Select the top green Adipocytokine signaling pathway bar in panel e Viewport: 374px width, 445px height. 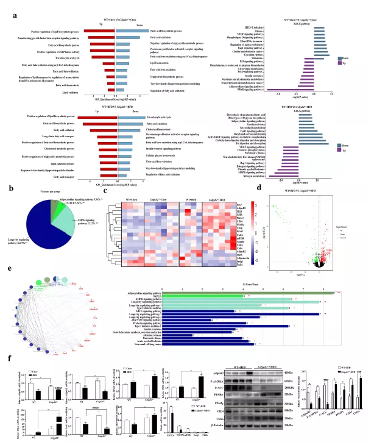286,293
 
